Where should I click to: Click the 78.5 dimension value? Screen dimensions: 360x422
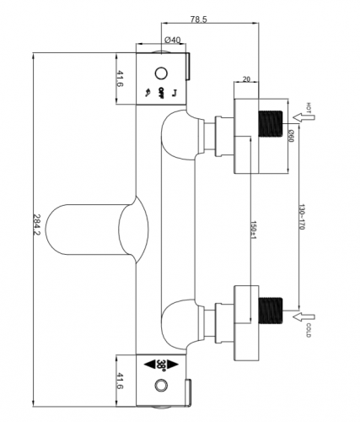[198, 19]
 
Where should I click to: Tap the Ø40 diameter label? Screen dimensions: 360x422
[172, 40]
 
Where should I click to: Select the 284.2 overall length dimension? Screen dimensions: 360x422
[37, 225]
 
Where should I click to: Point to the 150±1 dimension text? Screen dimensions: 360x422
[253, 230]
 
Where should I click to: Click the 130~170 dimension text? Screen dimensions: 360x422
[302, 217]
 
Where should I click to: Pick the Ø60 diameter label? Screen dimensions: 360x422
[291, 136]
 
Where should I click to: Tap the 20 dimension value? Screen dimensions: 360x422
[246, 79]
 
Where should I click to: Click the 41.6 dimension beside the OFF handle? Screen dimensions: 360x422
[120, 79]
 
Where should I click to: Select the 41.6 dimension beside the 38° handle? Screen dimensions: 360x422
[120, 381]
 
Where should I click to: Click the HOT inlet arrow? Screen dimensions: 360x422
[304, 117]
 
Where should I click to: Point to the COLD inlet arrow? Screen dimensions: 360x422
[304, 316]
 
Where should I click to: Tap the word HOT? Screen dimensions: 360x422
[309, 108]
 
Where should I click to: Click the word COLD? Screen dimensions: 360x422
[309, 330]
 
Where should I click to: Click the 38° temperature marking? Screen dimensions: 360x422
[161, 365]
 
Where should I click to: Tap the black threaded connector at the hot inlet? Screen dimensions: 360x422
[270, 124]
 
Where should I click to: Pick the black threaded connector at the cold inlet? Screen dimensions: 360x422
[270, 311]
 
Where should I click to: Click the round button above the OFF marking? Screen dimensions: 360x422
[161, 73]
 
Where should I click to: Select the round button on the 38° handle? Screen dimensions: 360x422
[161, 386]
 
